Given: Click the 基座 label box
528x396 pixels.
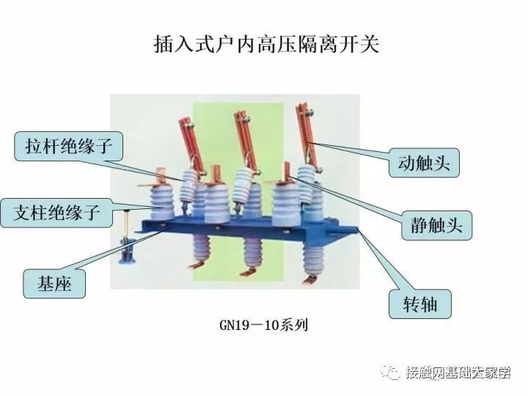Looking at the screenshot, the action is point(54,282).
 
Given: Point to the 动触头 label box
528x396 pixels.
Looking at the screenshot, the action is point(423,161).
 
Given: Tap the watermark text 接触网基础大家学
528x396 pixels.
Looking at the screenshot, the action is point(458,373).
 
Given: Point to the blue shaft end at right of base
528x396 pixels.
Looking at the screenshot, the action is point(358,232).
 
